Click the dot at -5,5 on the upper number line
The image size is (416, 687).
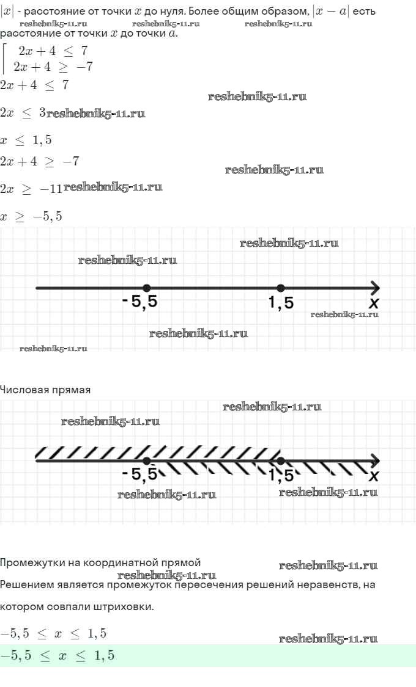(x=146, y=288)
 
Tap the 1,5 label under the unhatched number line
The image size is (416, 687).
(x=281, y=303)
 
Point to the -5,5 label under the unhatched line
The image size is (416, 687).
(x=139, y=303)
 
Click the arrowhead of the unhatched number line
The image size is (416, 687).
(x=374, y=288)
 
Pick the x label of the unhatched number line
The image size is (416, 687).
(x=374, y=302)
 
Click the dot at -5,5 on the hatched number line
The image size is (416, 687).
(x=146, y=461)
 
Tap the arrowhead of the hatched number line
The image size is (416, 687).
(x=374, y=461)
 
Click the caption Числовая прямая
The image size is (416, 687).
(x=45, y=390)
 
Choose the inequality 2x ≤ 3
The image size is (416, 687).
(x=23, y=113)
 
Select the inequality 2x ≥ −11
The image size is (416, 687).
(x=31, y=189)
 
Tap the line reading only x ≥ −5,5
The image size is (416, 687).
(x=31, y=216)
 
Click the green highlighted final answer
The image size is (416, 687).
(x=58, y=656)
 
